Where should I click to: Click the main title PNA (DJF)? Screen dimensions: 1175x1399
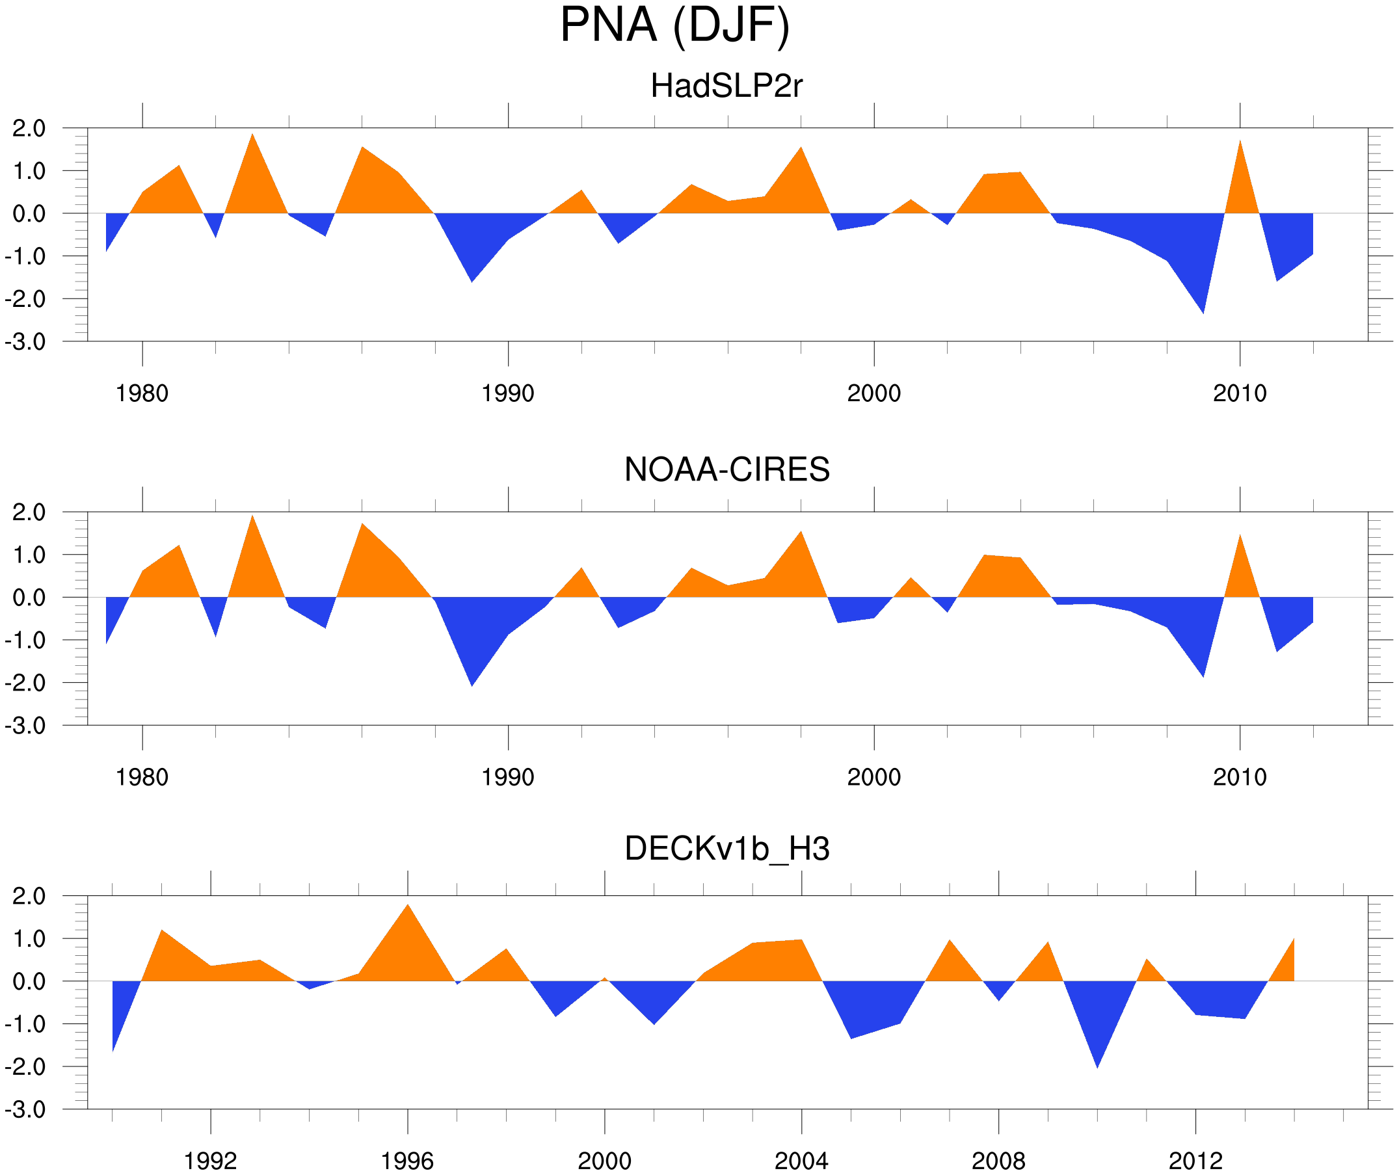pos(674,25)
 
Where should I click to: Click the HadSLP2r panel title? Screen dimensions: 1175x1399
pos(726,86)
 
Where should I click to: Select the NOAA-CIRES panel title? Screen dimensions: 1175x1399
pos(726,469)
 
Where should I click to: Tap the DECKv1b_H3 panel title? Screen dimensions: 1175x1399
pos(726,849)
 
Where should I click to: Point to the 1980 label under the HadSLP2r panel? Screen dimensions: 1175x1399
pos(142,393)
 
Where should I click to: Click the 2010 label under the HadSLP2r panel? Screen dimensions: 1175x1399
pos(1239,393)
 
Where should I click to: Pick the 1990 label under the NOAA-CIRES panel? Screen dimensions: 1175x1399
pos(508,776)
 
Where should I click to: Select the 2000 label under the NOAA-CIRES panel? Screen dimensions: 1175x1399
pos(873,776)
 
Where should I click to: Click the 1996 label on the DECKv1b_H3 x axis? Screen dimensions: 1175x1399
pos(407,1161)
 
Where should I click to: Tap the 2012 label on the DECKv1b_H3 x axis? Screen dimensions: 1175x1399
pos(1195,1161)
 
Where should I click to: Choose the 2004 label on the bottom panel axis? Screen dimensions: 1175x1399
pos(801,1161)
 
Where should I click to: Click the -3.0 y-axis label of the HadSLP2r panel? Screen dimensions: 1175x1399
pos(25,342)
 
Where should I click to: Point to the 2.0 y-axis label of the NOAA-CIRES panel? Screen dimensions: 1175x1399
pos(29,512)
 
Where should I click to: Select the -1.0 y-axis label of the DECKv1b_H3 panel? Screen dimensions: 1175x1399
pos(25,1023)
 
